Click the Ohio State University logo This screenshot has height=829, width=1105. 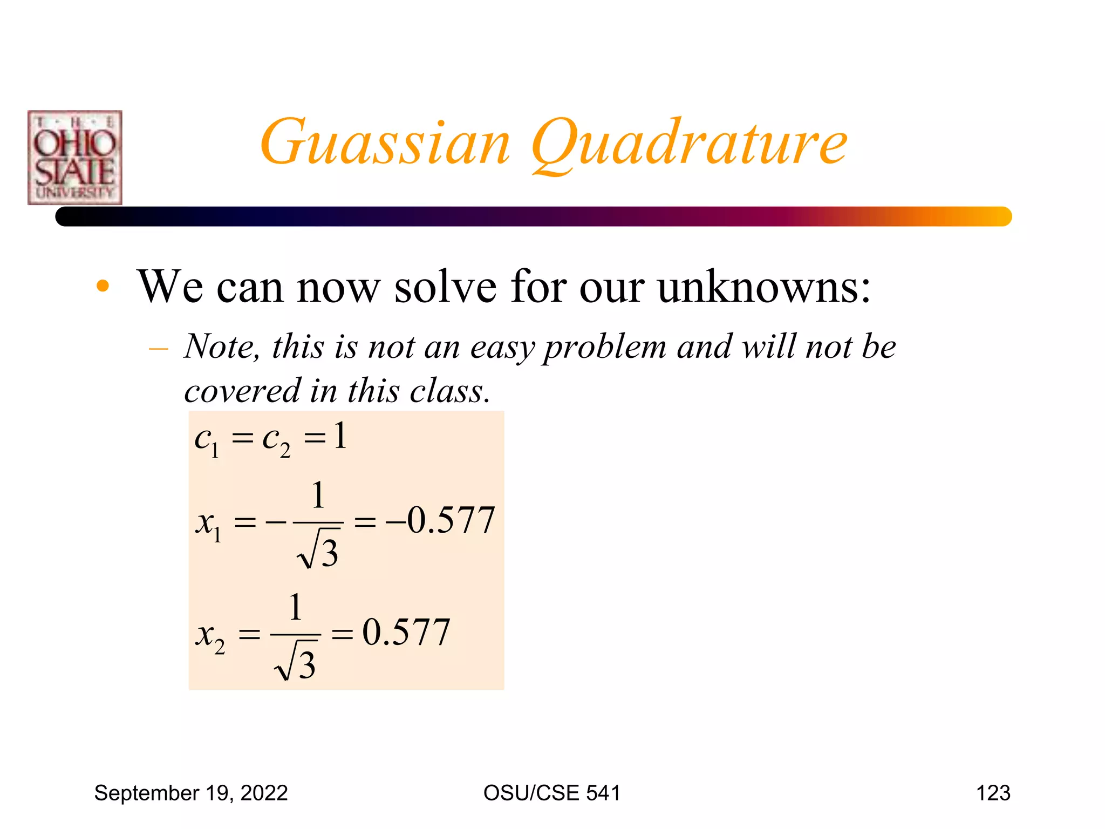[75, 158]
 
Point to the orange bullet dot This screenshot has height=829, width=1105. [103, 287]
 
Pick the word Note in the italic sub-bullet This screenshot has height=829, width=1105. [221, 346]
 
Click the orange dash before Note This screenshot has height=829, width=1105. [158, 349]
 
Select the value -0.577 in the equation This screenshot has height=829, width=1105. [440, 521]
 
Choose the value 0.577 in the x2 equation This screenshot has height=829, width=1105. [406, 632]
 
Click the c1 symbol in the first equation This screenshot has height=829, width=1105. [207, 440]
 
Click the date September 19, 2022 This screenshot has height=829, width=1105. [191, 793]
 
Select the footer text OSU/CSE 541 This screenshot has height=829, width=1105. [552, 793]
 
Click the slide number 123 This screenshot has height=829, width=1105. [993, 793]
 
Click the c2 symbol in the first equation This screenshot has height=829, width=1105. [276, 440]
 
